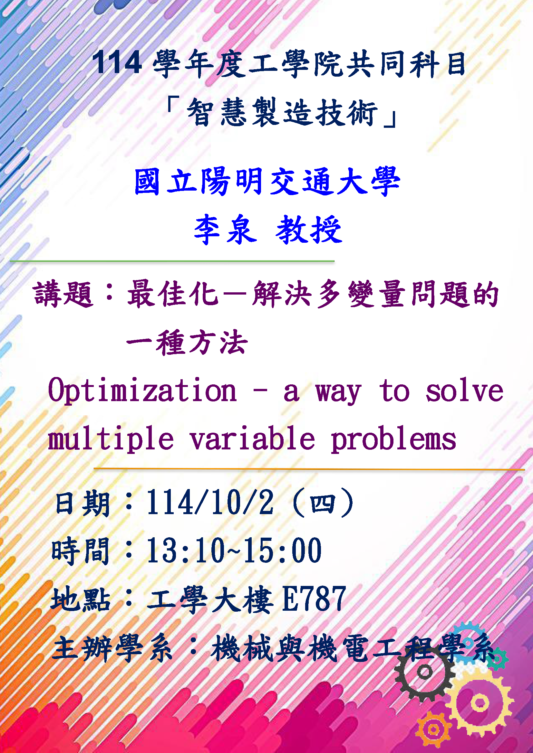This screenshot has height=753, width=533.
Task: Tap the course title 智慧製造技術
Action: pos(282,112)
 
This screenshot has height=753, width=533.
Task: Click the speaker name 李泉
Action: pos(225,230)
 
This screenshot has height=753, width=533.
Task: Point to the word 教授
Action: pos(309,230)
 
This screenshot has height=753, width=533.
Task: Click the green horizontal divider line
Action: pos(172,261)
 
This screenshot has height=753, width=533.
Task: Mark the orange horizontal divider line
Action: pos(309,469)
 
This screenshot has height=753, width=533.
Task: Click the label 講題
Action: pos(63,294)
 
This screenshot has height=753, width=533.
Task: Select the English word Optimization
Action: pos(142,391)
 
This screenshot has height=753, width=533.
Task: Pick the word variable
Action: pos(252,438)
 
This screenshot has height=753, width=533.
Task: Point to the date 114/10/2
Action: pos(210,503)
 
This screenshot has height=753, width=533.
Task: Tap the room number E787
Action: pos(314,599)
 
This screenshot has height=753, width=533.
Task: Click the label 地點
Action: pos(81,599)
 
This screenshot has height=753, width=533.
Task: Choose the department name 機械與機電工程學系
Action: pos(353,648)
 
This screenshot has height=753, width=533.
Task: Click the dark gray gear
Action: pos(425,672)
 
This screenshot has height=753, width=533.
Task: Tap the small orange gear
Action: pos(433,730)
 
